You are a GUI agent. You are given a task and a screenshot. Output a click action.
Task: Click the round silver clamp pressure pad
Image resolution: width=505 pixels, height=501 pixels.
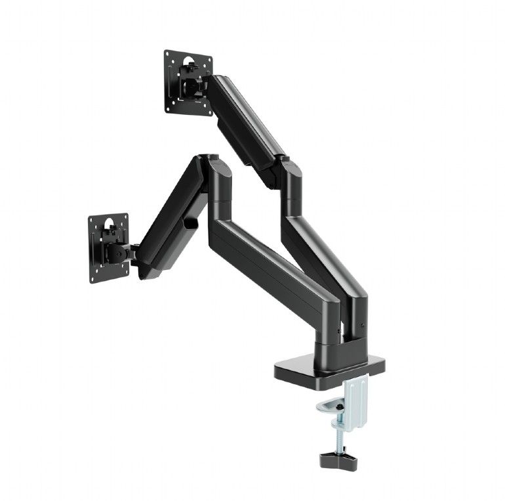click(331, 408)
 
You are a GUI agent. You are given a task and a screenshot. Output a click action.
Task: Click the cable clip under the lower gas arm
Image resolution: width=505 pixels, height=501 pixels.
click(191, 223)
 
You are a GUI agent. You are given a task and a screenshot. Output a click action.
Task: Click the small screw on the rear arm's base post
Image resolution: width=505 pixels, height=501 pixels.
click(362, 324)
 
